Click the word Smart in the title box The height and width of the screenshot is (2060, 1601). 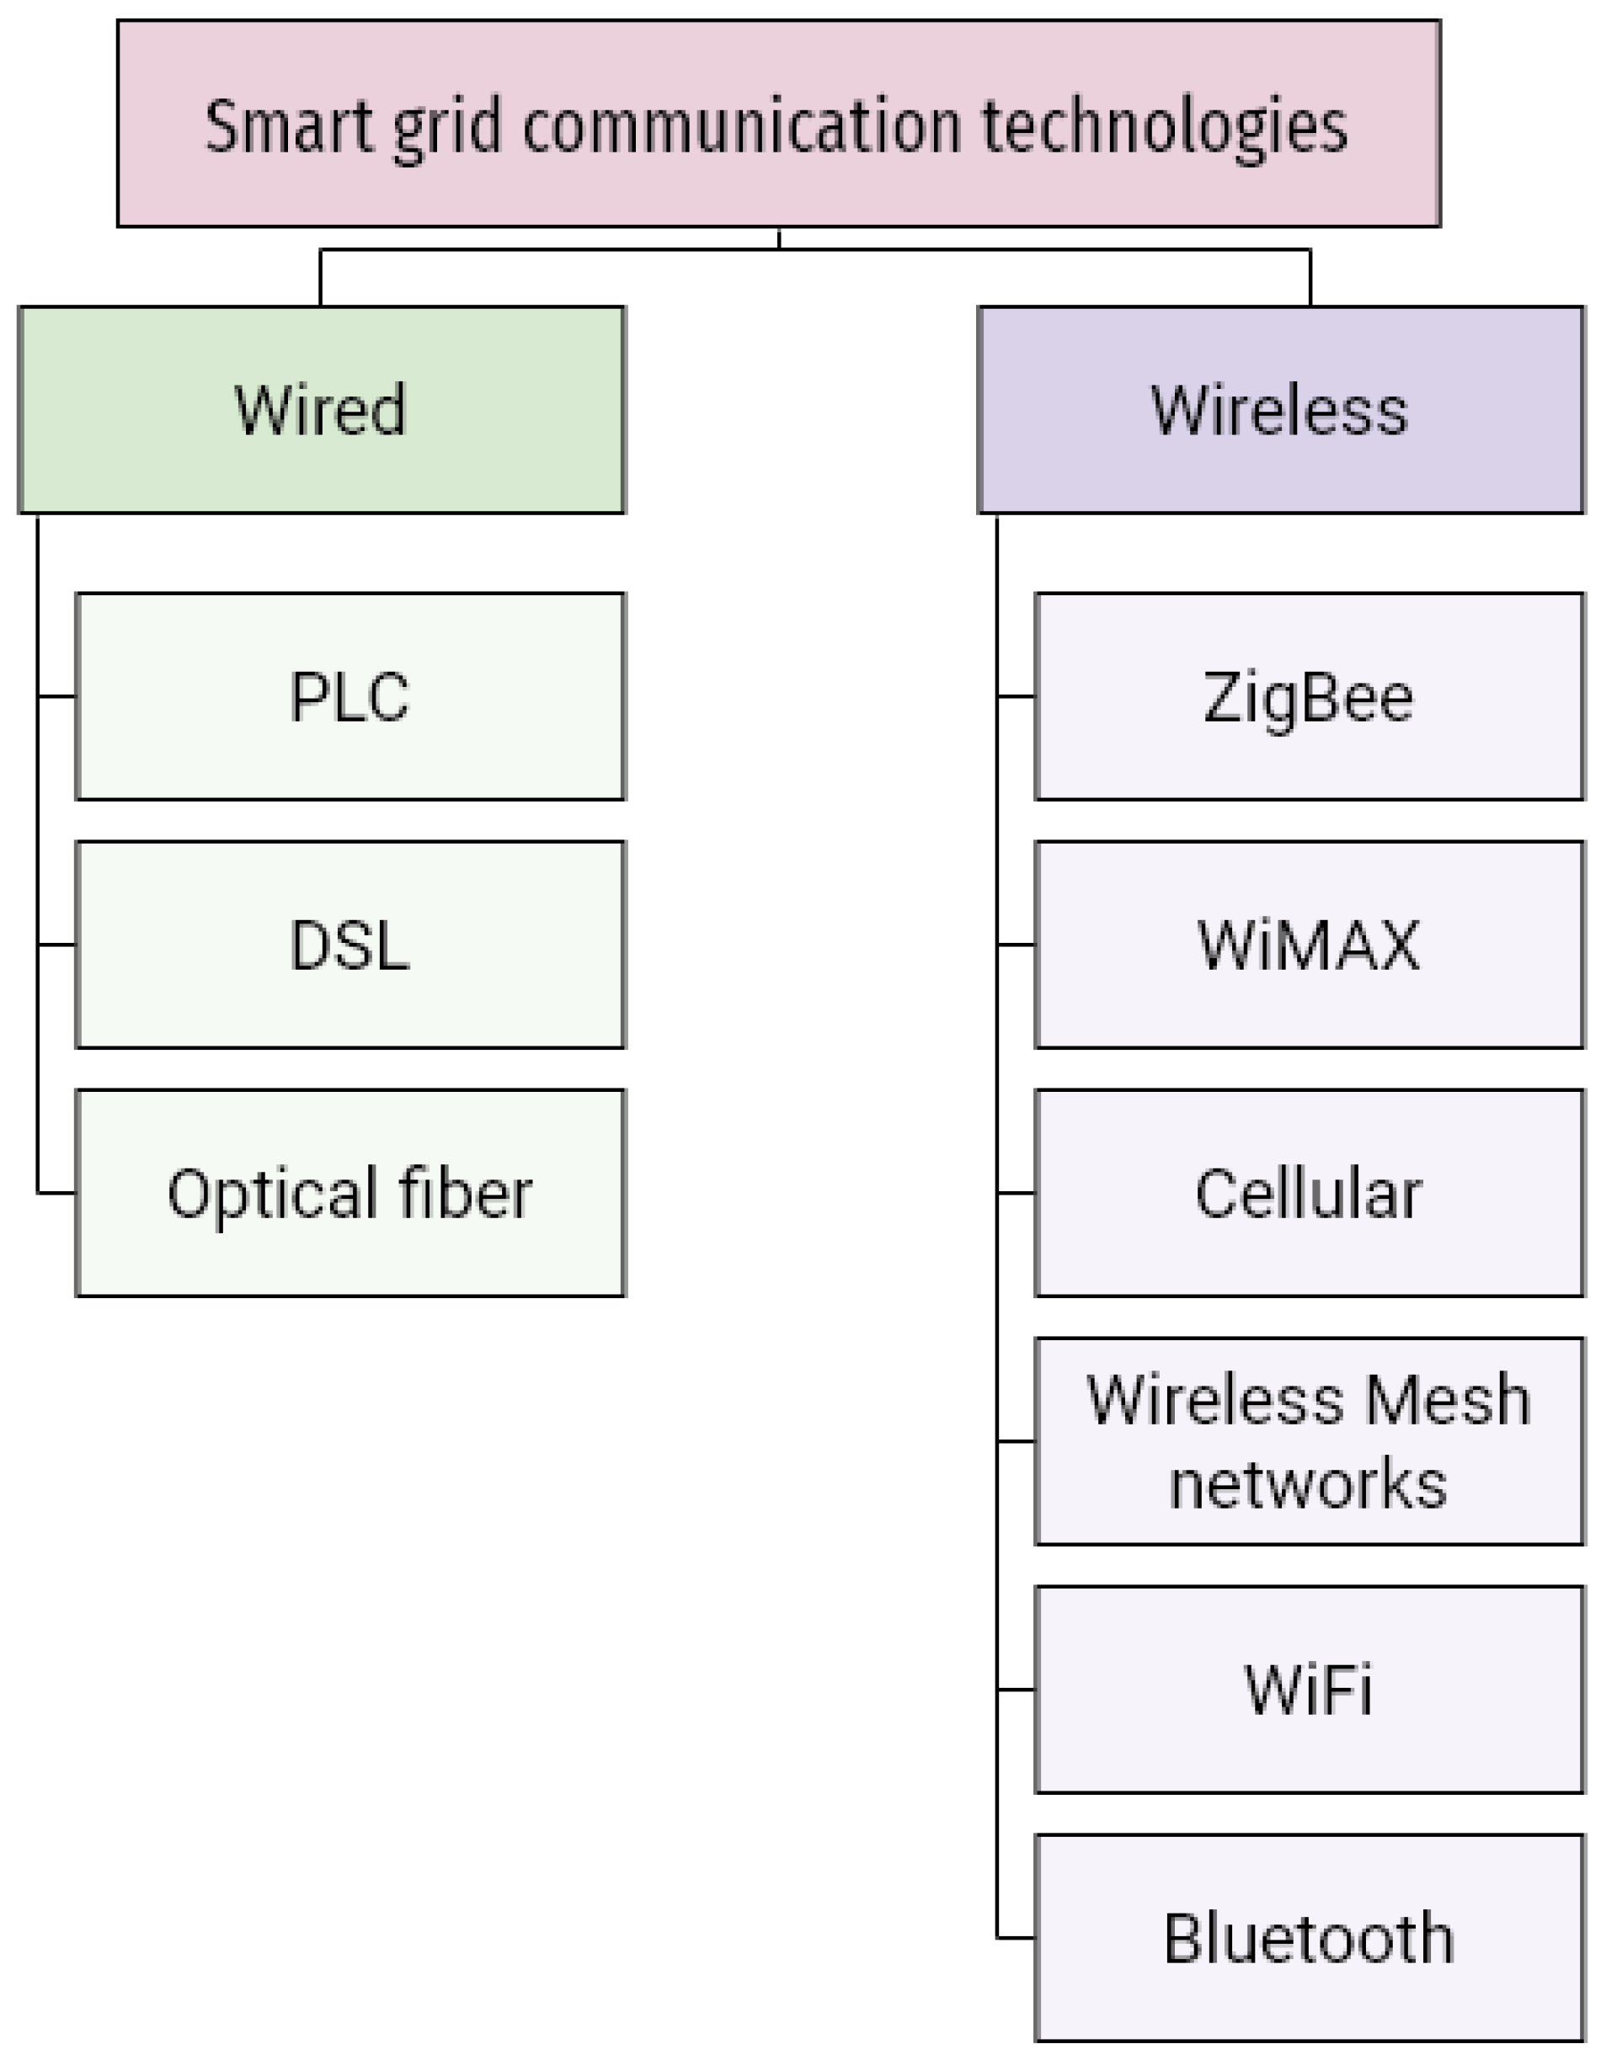pos(288,125)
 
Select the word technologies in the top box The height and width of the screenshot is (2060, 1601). pos(1163,127)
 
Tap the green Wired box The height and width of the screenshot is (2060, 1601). pos(321,409)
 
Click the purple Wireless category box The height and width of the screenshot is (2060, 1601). pos(1280,409)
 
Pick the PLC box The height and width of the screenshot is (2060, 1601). pos(350,696)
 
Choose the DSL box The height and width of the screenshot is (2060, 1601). pos(350,945)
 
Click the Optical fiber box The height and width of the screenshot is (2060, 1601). pos(350,1193)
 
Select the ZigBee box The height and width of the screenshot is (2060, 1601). pos(1309,696)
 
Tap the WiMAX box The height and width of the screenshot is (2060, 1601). pos(1309,945)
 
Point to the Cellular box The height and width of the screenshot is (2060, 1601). pos(1309,1193)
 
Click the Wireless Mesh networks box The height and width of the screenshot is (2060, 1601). pos(1309,1441)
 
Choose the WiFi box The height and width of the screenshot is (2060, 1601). pos(1309,1690)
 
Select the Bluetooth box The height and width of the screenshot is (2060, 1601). pos(1309,1938)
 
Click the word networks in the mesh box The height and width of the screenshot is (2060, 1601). pos(1308,1483)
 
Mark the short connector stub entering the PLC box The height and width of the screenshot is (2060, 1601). pos(56,696)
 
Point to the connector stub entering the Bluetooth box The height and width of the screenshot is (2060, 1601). pos(1016,1938)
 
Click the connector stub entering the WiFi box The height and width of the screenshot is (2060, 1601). pos(1016,1690)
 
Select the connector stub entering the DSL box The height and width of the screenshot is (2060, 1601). pos(56,945)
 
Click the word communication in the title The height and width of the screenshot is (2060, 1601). pos(740,125)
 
